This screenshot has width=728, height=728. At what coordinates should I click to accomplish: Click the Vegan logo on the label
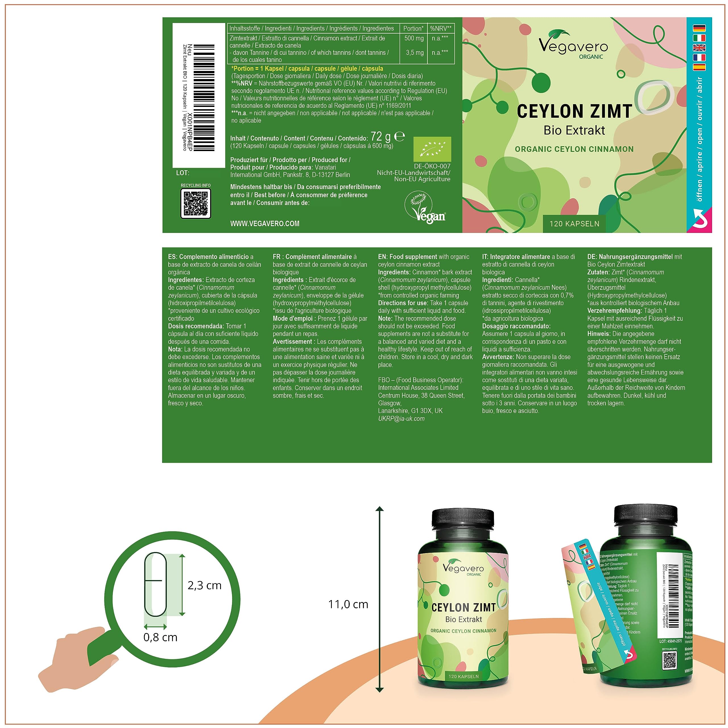[425, 208]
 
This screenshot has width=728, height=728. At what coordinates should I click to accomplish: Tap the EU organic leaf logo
[432, 150]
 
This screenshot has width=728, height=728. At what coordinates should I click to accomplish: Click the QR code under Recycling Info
[196, 204]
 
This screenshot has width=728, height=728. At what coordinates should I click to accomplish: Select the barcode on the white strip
[204, 98]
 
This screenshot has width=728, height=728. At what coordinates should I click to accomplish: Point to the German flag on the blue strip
[699, 28]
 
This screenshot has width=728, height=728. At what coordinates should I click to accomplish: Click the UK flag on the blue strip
[699, 48]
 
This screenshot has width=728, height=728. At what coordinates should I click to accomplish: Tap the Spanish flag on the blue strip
[699, 67]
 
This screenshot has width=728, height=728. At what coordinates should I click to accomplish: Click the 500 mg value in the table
[414, 38]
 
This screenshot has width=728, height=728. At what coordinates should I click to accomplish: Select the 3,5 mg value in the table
[415, 53]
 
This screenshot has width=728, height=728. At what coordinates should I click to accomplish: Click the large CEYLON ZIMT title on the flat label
[574, 111]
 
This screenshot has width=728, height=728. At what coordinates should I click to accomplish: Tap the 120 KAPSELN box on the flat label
[574, 224]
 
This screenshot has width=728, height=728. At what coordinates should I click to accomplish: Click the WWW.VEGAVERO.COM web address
[264, 224]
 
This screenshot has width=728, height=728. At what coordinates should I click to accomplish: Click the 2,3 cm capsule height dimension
[204, 585]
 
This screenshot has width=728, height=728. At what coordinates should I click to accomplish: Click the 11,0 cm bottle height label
[348, 604]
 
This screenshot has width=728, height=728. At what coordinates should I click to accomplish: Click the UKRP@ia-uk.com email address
[401, 419]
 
